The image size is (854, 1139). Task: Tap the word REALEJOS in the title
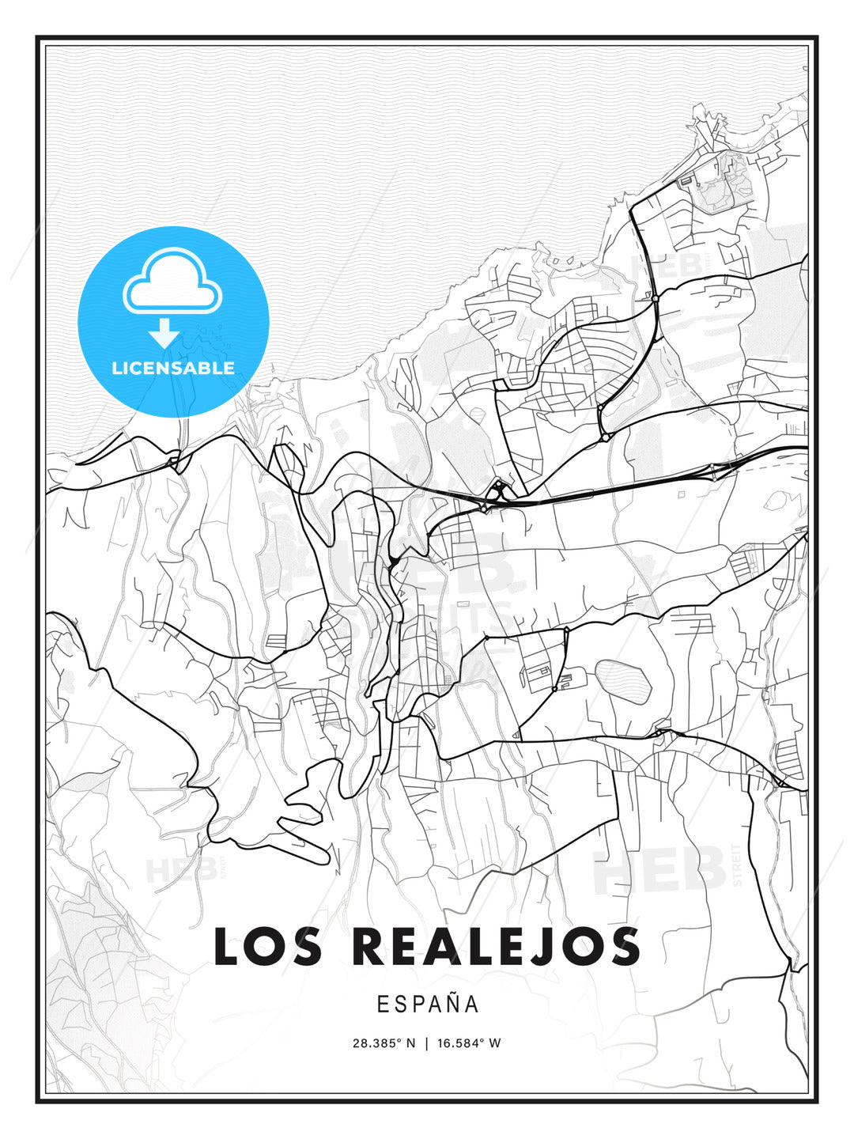point(496,946)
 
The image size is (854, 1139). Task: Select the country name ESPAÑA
point(428,1005)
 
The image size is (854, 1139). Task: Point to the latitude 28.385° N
point(384,1043)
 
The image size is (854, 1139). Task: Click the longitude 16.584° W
point(469,1043)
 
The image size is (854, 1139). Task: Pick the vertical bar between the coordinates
point(427,1043)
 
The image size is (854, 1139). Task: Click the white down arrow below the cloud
point(164,333)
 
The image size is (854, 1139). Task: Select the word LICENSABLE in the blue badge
point(173,368)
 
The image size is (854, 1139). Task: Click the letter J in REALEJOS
point(544,946)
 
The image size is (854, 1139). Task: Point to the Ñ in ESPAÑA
point(453,1003)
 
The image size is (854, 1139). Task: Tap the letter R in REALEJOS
point(369,946)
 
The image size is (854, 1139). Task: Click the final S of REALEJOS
point(625,946)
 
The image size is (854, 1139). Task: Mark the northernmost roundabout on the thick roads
point(656,298)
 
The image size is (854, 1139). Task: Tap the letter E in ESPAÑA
point(383,1005)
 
